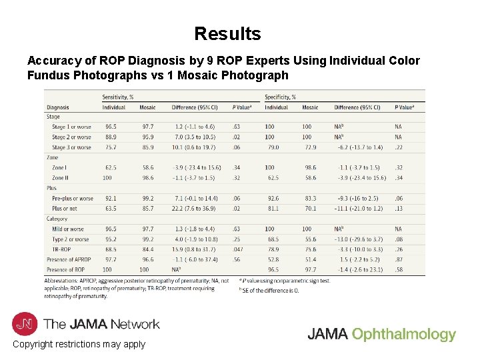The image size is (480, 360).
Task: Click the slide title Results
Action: [x=227, y=33]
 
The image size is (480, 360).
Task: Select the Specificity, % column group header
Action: [x=281, y=97]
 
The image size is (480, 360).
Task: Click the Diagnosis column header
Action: [x=57, y=107]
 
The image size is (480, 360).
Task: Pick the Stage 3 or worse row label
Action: [x=71, y=147]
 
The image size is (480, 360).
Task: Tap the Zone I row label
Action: [x=59, y=168]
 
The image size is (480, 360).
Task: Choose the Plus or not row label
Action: [x=65, y=209]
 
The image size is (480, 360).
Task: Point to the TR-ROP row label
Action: [x=61, y=249]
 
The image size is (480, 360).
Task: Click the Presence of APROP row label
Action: [x=69, y=259]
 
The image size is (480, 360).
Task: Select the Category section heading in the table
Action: [x=57, y=219]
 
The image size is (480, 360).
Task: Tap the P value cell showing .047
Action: [x=238, y=249]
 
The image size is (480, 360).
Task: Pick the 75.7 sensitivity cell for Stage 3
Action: [x=110, y=147]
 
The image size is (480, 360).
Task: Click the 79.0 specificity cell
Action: [x=272, y=147]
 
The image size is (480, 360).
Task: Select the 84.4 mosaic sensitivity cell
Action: [x=147, y=249]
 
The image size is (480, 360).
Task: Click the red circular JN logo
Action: [x=25, y=324]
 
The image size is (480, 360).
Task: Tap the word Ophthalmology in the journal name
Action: [x=404, y=335]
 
